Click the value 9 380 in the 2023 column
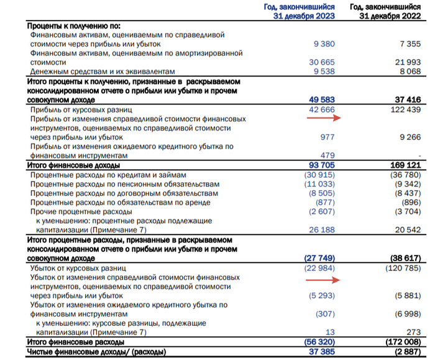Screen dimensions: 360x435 [322, 43]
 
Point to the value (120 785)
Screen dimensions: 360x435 [405, 267]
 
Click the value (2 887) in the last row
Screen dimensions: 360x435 [408, 353]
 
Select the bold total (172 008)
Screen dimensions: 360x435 [405, 342]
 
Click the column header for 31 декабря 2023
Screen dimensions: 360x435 [301, 11]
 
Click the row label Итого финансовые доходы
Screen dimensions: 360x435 [74, 166]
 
